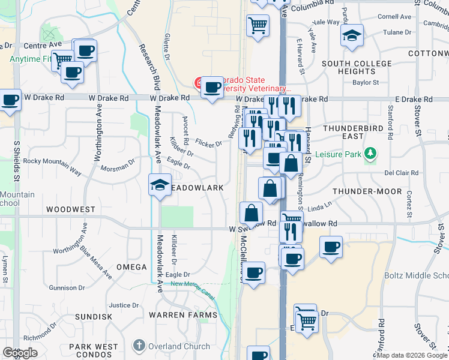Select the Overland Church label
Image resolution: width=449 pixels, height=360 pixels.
click(179, 346)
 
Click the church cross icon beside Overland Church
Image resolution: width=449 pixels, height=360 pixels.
click(139, 346)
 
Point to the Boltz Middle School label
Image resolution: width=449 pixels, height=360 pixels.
click(417, 275)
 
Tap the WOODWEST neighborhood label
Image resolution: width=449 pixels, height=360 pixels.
click(71, 209)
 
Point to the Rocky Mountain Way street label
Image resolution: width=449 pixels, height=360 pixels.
click(52, 166)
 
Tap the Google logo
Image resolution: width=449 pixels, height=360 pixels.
click(20, 353)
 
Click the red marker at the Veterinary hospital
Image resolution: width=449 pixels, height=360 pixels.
click(197, 82)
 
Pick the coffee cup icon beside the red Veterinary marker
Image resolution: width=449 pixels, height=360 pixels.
click(212, 88)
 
